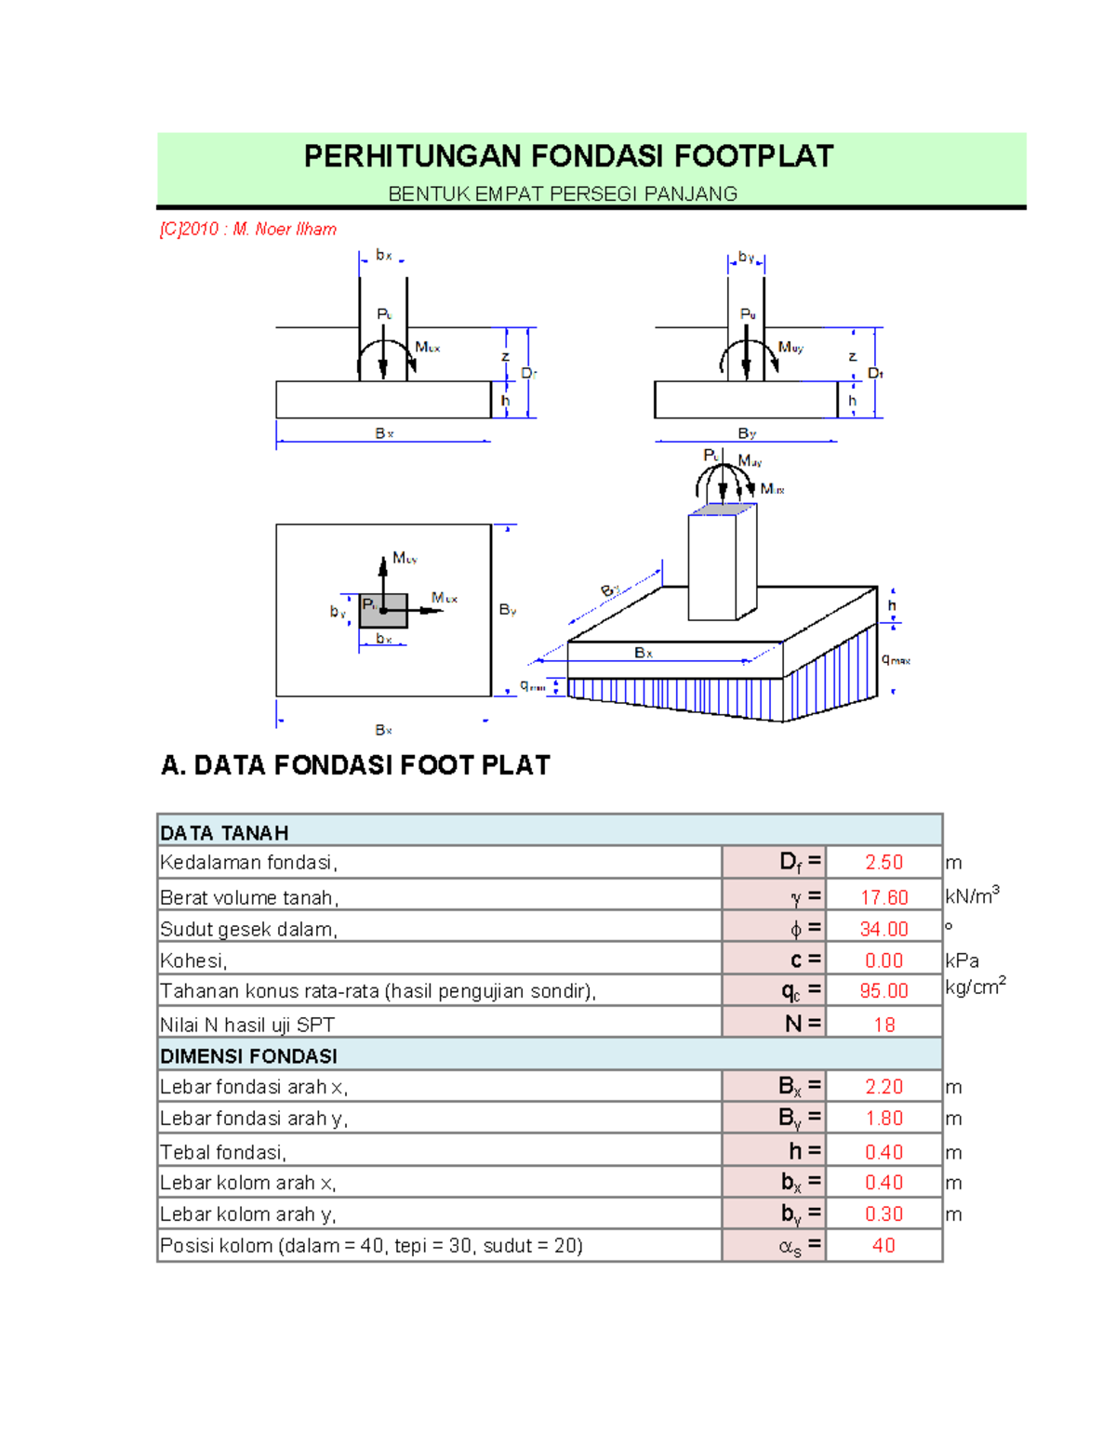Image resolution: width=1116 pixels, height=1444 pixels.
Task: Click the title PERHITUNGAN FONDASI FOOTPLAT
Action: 568,156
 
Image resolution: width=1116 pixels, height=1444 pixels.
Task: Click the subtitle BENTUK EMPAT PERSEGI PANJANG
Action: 563,194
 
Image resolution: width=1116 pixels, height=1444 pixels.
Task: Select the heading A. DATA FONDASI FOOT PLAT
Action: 355,765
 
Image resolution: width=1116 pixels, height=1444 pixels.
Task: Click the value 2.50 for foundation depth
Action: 883,862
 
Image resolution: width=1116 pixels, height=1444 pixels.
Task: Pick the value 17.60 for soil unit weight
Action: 883,897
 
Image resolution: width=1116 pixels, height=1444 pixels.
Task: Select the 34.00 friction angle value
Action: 883,929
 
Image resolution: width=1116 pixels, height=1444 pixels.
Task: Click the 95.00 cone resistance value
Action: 883,991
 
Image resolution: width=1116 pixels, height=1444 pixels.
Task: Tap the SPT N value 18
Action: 883,1025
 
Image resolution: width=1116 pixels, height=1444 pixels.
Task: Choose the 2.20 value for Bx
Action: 883,1086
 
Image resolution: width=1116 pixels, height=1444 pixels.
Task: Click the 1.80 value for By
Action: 883,1118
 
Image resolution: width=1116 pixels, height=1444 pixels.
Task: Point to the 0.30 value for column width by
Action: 883,1214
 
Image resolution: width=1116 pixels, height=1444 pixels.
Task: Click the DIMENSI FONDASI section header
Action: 248,1056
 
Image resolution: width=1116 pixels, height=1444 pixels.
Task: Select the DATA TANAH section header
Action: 224,833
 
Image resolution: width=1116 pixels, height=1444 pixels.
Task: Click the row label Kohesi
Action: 193,960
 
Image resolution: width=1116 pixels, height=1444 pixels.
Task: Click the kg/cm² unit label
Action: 975,987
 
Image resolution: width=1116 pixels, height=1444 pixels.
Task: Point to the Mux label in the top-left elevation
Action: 428,348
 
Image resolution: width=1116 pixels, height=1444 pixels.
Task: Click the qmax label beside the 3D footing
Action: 896,659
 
